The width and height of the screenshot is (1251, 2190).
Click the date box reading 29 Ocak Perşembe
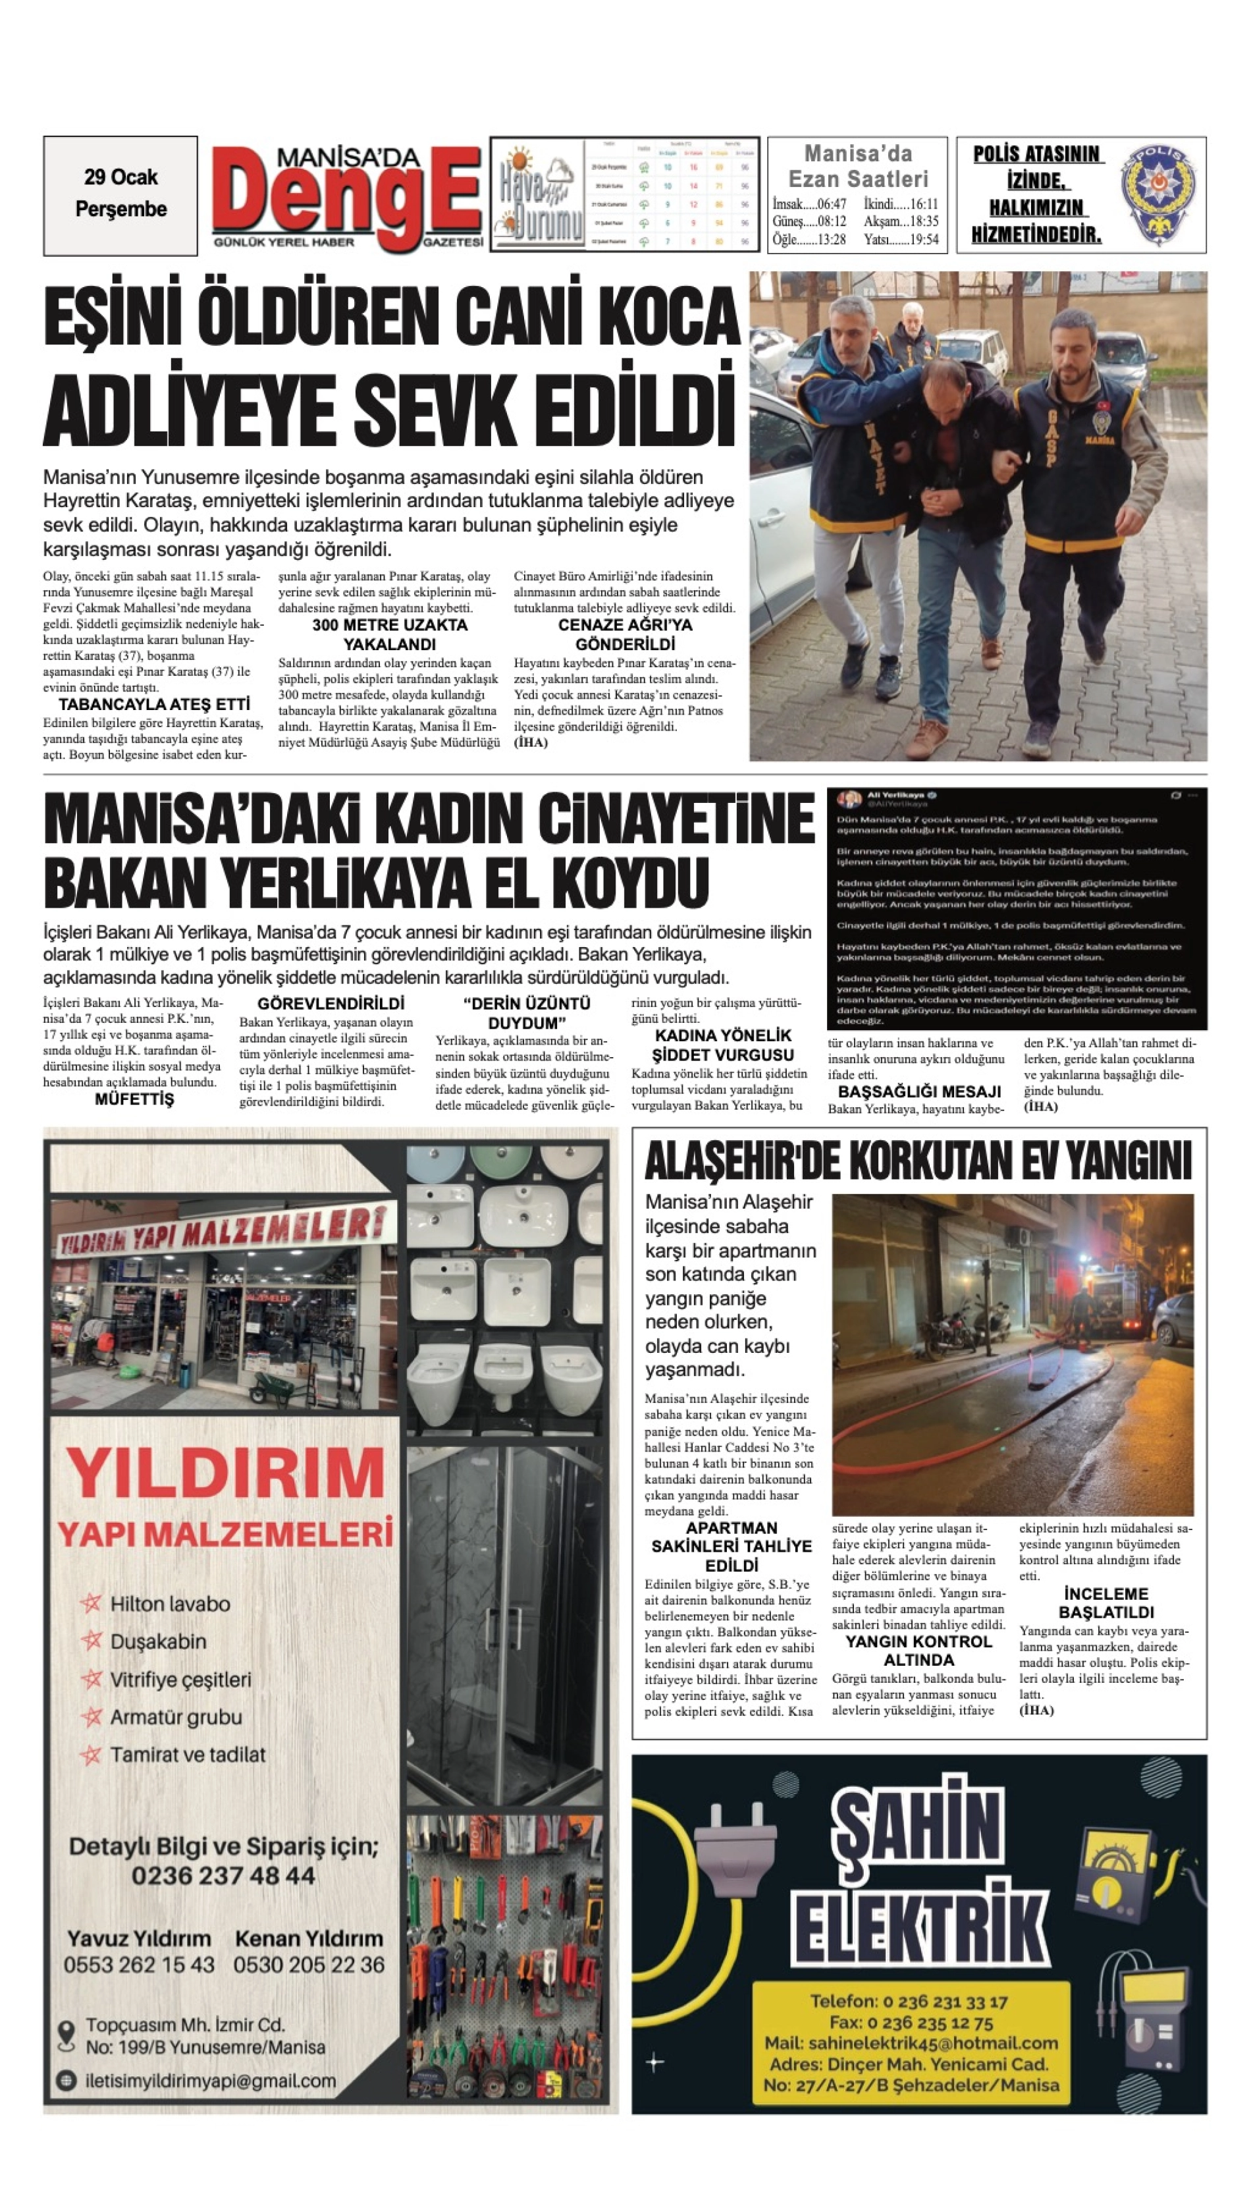120,194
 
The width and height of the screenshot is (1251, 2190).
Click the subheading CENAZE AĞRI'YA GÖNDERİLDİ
625,634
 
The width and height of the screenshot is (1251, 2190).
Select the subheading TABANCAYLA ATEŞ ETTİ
155,705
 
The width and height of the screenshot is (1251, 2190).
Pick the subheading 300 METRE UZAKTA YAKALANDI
389,634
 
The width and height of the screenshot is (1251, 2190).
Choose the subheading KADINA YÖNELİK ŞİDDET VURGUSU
722,1045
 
